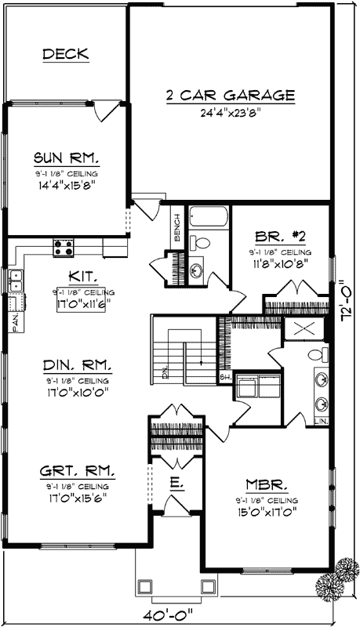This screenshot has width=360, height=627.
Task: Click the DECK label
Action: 65,54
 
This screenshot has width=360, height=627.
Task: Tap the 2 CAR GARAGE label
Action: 230,96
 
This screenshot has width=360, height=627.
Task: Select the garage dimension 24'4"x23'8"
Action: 230,112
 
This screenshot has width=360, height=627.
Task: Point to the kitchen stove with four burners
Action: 64,248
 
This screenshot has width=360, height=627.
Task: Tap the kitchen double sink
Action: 15,282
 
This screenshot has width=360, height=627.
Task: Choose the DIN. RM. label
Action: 76,364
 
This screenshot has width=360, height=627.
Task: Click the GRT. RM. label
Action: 76,472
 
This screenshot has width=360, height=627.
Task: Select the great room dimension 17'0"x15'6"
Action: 76,497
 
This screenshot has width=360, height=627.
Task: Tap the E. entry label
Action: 176,485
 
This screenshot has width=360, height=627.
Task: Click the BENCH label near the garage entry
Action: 178,228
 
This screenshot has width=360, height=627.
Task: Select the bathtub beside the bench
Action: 207,216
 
